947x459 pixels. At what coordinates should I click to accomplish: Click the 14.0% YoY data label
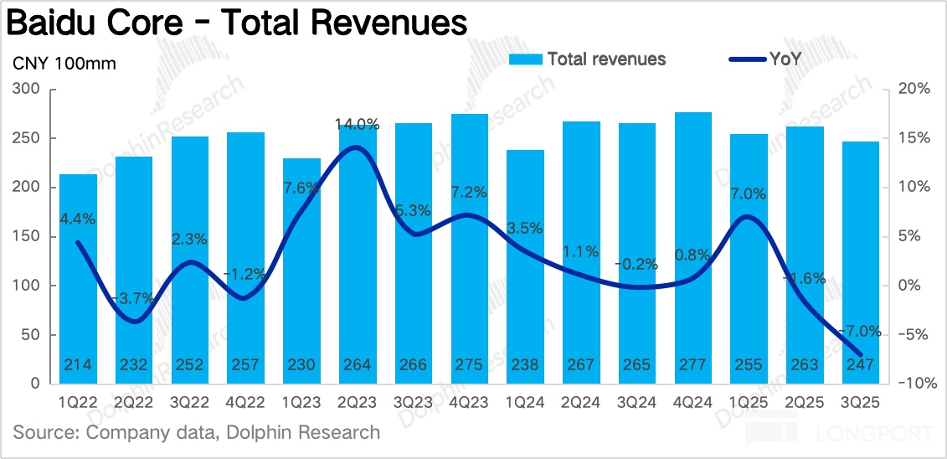click(x=358, y=125)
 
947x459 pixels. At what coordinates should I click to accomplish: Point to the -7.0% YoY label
click(x=860, y=331)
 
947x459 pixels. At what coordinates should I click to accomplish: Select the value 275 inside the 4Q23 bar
click(x=469, y=365)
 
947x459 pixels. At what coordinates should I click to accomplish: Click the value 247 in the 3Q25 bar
click(x=860, y=365)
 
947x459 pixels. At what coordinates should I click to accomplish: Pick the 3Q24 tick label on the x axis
click(x=637, y=401)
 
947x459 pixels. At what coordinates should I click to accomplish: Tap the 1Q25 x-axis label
click(x=749, y=401)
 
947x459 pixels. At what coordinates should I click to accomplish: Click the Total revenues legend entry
click(x=606, y=59)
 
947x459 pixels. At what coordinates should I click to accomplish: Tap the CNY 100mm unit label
click(x=64, y=64)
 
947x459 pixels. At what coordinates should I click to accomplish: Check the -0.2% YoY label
click(x=637, y=264)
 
